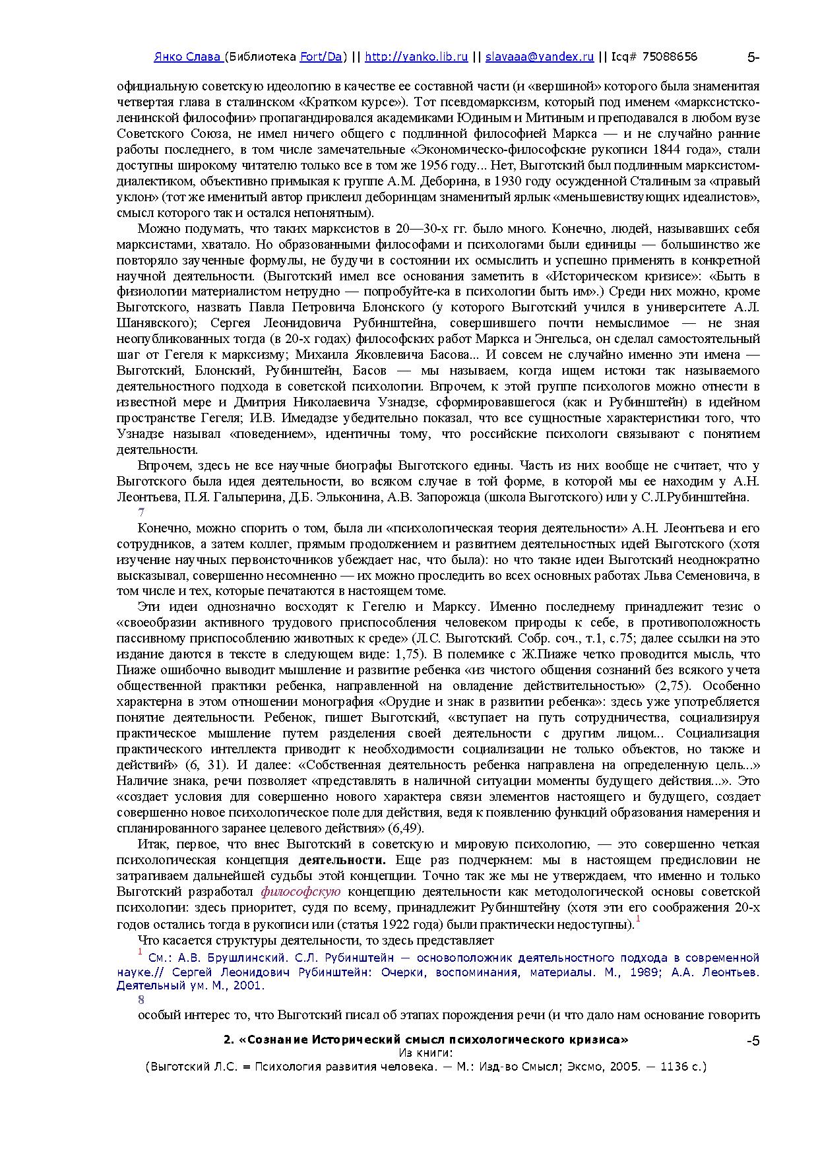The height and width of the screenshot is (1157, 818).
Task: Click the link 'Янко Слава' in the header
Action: (x=188, y=57)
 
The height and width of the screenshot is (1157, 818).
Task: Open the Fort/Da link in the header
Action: (x=321, y=57)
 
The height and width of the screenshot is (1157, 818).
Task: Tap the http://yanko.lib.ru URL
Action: (x=416, y=57)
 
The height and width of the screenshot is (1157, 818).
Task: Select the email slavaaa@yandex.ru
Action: (x=540, y=57)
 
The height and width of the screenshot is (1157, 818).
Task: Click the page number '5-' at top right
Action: (x=753, y=57)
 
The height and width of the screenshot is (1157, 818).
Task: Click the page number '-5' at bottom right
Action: (x=753, y=1042)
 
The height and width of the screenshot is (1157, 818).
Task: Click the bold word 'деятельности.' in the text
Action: (x=342, y=860)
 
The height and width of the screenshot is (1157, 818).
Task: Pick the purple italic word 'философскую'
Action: (x=301, y=892)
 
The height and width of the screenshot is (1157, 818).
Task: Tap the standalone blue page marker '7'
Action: (x=141, y=513)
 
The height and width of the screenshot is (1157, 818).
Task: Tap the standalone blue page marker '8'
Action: (x=141, y=999)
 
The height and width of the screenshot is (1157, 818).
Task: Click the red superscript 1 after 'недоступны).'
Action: (x=638, y=919)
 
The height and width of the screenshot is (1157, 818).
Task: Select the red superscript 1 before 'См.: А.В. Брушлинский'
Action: (x=140, y=952)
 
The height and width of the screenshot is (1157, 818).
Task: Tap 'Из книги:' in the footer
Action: (x=425, y=1053)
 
